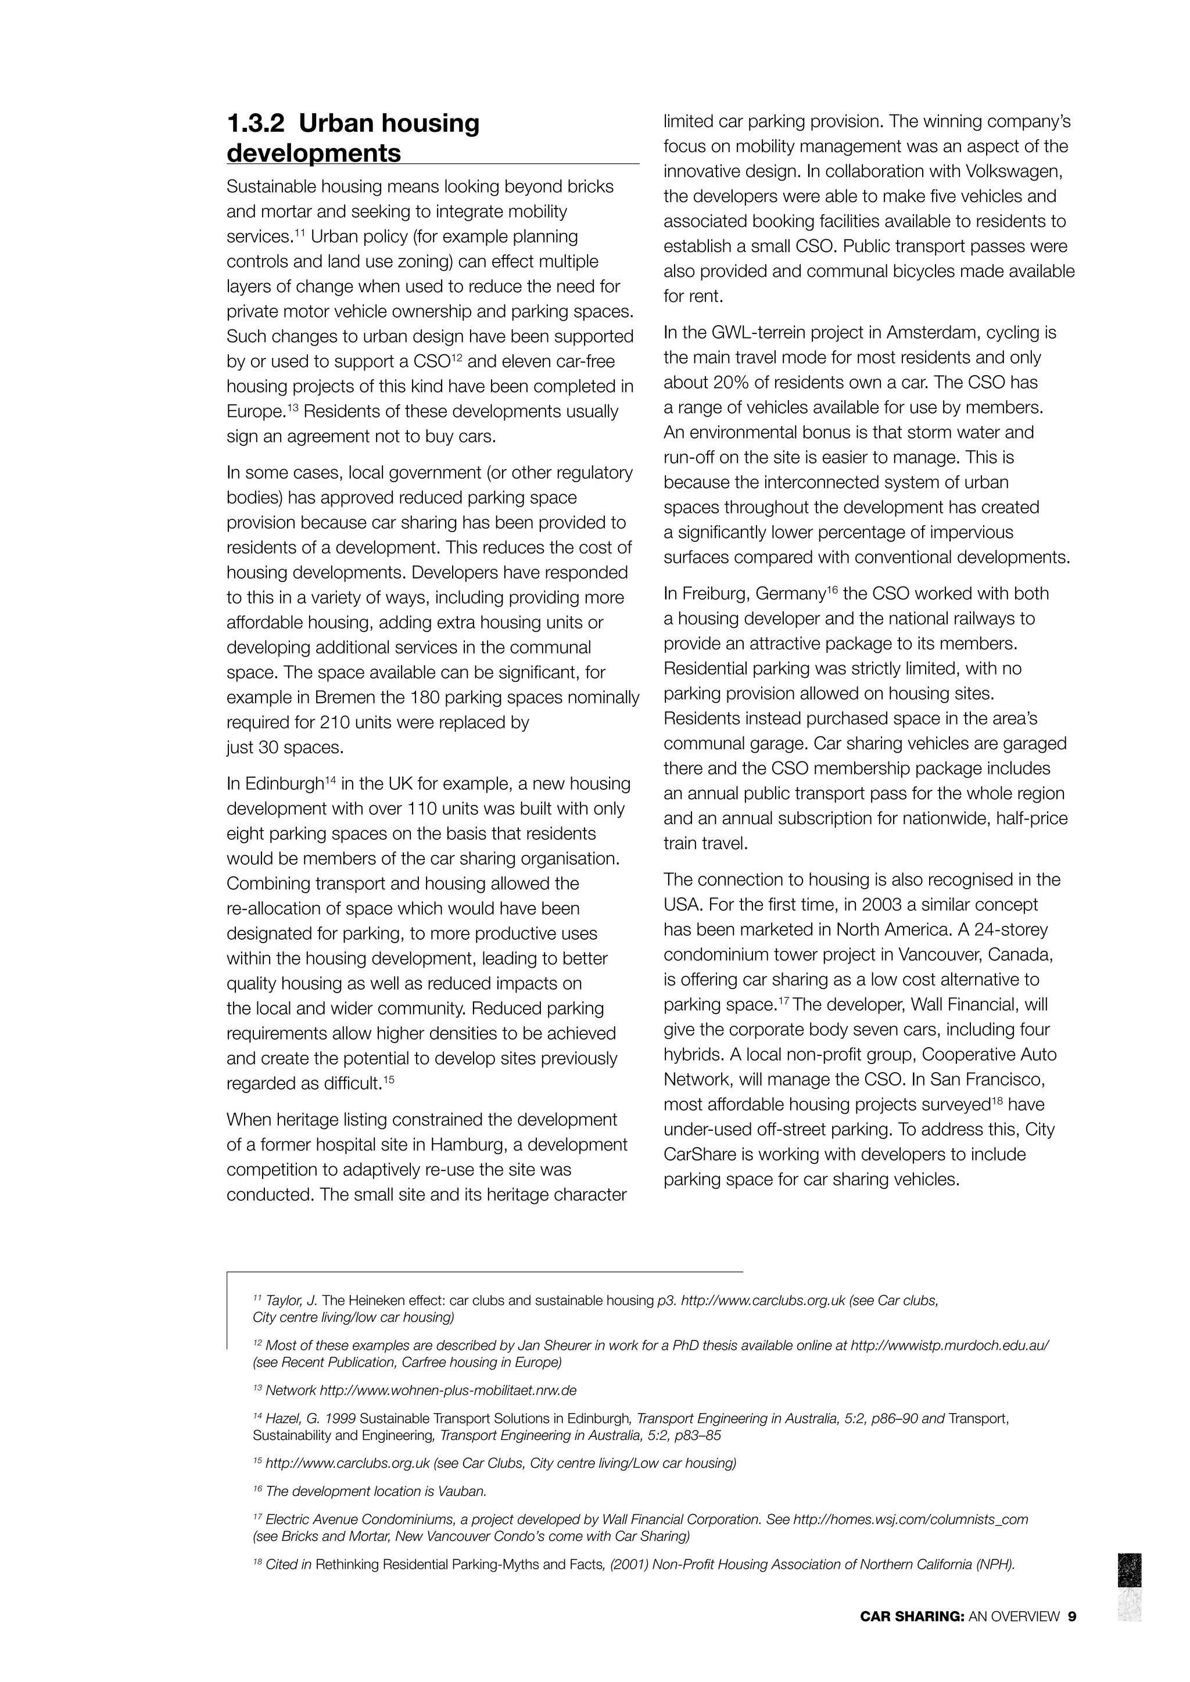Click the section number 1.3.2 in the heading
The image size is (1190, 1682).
255,123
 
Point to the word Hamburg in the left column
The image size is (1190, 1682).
457,1145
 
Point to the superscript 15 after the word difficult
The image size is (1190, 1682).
389,1079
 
